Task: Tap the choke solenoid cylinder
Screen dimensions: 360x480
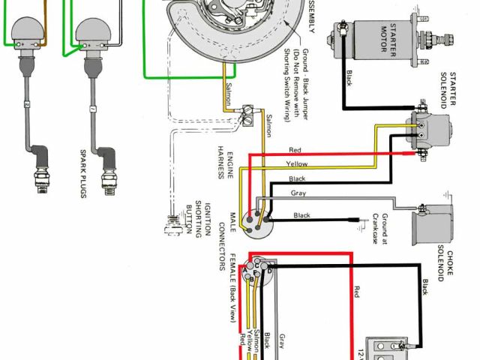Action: pyautogui.click(x=434, y=222)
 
